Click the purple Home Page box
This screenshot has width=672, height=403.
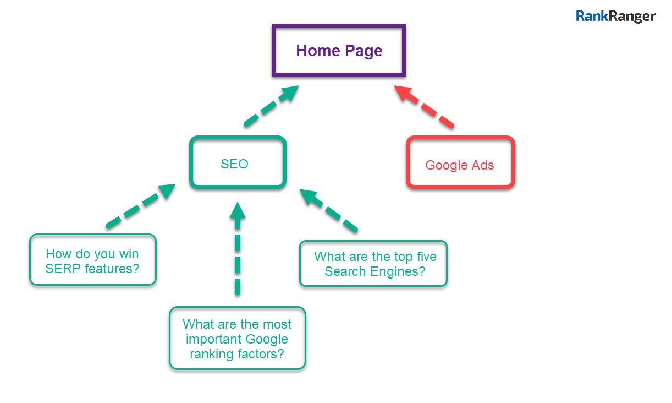pos(339,51)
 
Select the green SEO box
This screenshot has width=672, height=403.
pos(238,163)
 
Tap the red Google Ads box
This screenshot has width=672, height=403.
pos(460,164)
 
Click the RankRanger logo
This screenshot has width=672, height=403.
pos(615,17)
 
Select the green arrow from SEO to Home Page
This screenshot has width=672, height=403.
pos(272,106)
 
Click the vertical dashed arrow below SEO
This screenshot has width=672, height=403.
pos(238,248)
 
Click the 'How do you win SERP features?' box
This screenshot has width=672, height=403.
pos(92,260)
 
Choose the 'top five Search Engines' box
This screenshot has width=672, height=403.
pos(373,264)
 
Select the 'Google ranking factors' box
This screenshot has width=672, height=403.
pos(238,338)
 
